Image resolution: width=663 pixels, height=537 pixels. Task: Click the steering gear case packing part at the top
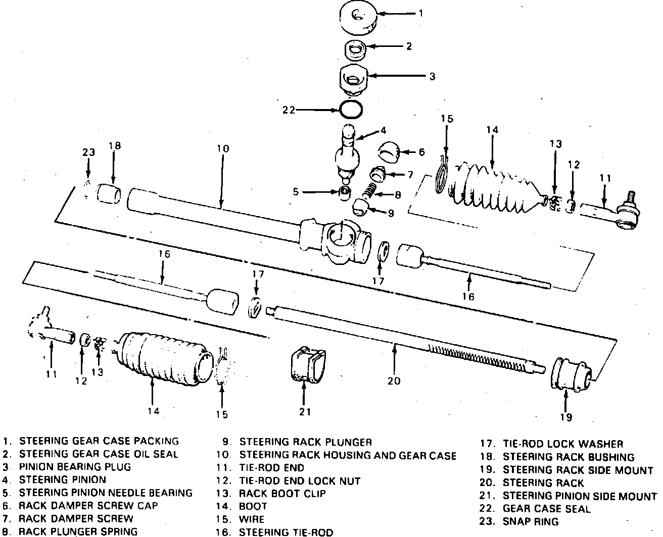point(359,18)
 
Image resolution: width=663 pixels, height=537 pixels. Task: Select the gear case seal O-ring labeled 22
point(351,110)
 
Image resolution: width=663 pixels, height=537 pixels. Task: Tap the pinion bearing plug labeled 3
point(353,80)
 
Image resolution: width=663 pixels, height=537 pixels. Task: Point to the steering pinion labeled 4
point(348,154)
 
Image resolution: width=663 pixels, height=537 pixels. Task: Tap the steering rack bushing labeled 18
point(109,194)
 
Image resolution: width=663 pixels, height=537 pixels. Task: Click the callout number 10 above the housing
point(223,148)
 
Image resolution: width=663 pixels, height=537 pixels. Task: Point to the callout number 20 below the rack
point(394,381)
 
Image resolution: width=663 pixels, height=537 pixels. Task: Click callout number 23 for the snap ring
point(88,152)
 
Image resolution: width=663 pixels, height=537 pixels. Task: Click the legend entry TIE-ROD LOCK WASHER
point(563,444)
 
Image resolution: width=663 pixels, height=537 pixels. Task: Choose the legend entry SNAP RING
point(531,521)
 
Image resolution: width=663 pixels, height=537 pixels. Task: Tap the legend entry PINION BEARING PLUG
point(75,467)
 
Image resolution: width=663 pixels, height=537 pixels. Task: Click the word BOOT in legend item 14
point(253,506)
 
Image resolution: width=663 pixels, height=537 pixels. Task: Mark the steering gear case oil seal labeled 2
point(355,51)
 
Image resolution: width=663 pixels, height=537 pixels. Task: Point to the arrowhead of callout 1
point(379,14)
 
